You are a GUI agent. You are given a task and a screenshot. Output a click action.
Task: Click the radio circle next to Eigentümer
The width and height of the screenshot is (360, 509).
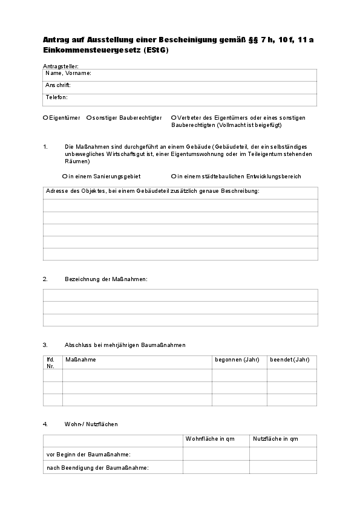(x=45, y=118)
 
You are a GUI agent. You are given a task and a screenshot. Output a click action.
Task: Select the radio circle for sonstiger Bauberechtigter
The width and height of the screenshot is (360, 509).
(x=89, y=118)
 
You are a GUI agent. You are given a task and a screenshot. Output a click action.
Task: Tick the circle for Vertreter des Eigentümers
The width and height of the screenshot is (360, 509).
(x=174, y=118)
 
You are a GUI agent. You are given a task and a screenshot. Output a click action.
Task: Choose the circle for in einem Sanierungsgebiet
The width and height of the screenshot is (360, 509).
(x=65, y=177)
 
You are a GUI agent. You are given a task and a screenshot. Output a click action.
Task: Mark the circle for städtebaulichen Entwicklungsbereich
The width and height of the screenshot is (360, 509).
(x=174, y=177)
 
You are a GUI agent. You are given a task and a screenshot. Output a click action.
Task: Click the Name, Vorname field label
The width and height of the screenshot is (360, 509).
(x=68, y=73)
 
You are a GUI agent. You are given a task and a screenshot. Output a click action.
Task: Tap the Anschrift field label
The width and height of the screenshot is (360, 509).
(x=58, y=85)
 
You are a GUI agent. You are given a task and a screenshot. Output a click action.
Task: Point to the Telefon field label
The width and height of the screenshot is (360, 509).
(x=56, y=97)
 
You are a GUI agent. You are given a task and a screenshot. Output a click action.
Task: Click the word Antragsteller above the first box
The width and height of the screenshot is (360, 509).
(x=61, y=65)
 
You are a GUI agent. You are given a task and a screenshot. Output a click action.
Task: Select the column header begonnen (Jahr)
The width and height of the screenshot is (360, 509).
(x=237, y=360)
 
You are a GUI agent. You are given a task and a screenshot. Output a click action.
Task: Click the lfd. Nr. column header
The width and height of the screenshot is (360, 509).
(x=51, y=363)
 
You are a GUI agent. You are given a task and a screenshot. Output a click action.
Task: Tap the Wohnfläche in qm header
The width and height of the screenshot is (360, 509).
(x=210, y=439)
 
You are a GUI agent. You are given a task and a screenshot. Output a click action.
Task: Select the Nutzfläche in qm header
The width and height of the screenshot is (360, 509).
(x=275, y=439)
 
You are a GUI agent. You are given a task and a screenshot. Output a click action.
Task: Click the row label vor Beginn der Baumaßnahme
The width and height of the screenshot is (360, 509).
(x=88, y=453)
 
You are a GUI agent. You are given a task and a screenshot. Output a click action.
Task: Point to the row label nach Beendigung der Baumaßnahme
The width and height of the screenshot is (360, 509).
(x=97, y=468)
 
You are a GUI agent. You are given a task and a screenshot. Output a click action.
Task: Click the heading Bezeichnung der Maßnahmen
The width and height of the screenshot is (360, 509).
(x=106, y=279)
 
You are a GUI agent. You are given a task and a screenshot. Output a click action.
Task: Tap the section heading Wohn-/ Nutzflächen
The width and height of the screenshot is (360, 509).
(x=91, y=424)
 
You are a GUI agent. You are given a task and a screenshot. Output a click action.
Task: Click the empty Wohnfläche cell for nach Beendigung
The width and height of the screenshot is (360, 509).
(x=216, y=468)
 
